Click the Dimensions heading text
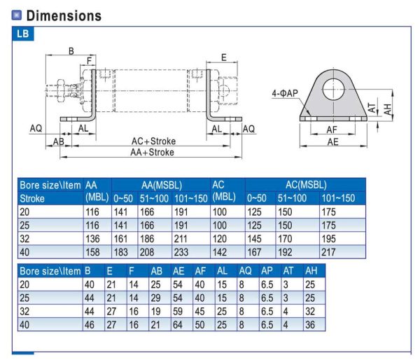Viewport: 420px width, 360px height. pos(61,15)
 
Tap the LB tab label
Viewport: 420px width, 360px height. pos(23,34)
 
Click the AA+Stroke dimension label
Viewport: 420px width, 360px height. pos(152,152)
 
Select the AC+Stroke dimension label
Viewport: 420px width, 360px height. pos(152,141)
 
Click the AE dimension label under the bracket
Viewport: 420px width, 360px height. pos(333,140)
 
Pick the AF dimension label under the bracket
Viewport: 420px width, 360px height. pos(332,129)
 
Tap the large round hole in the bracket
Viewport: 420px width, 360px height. pos(334,87)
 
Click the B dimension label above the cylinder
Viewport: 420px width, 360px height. pos(71,50)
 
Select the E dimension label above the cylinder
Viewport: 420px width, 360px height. pos(223,57)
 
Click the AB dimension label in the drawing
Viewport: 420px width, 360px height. pos(59,141)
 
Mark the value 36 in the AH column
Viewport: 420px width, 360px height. pos(310,324)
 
